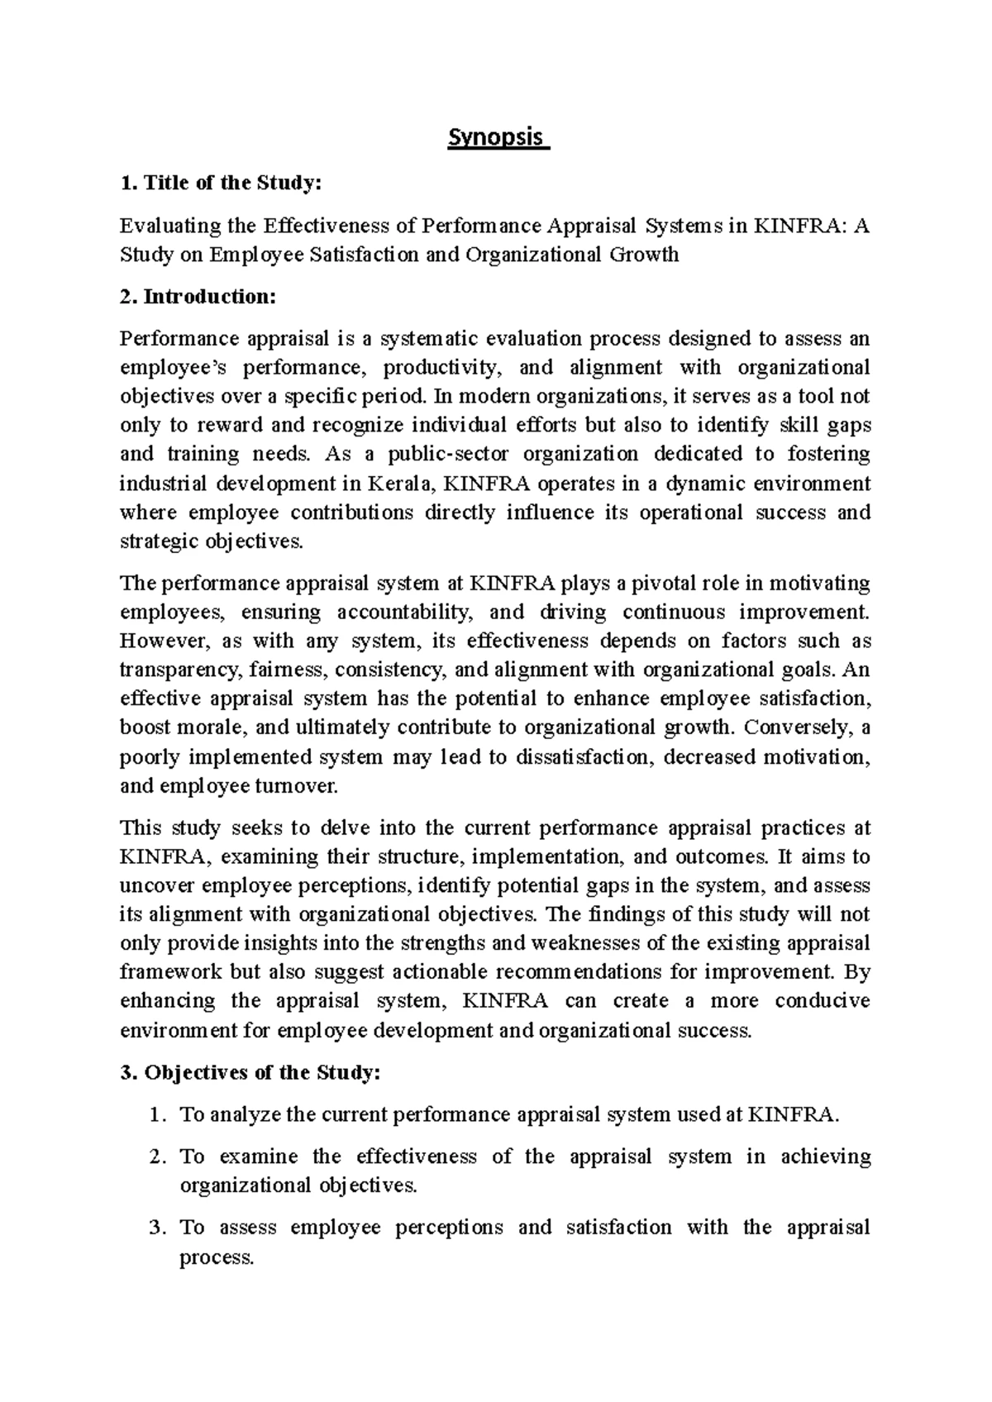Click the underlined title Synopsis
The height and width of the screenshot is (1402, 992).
(x=498, y=137)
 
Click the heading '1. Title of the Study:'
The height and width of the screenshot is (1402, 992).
(x=219, y=184)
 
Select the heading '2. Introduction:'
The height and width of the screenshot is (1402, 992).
(x=197, y=298)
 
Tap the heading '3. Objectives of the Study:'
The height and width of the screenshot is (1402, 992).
(x=250, y=1073)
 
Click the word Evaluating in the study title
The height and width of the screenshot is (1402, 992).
(x=171, y=226)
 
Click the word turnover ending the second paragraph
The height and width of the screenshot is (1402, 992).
(x=299, y=786)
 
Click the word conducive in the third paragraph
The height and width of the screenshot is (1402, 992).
(x=822, y=1002)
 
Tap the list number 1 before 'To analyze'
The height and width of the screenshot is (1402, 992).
(x=156, y=1115)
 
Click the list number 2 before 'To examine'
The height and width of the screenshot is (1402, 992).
(x=156, y=1156)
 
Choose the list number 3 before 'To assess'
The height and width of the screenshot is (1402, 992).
(x=156, y=1228)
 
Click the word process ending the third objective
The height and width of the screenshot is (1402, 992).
(x=215, y=1257)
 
